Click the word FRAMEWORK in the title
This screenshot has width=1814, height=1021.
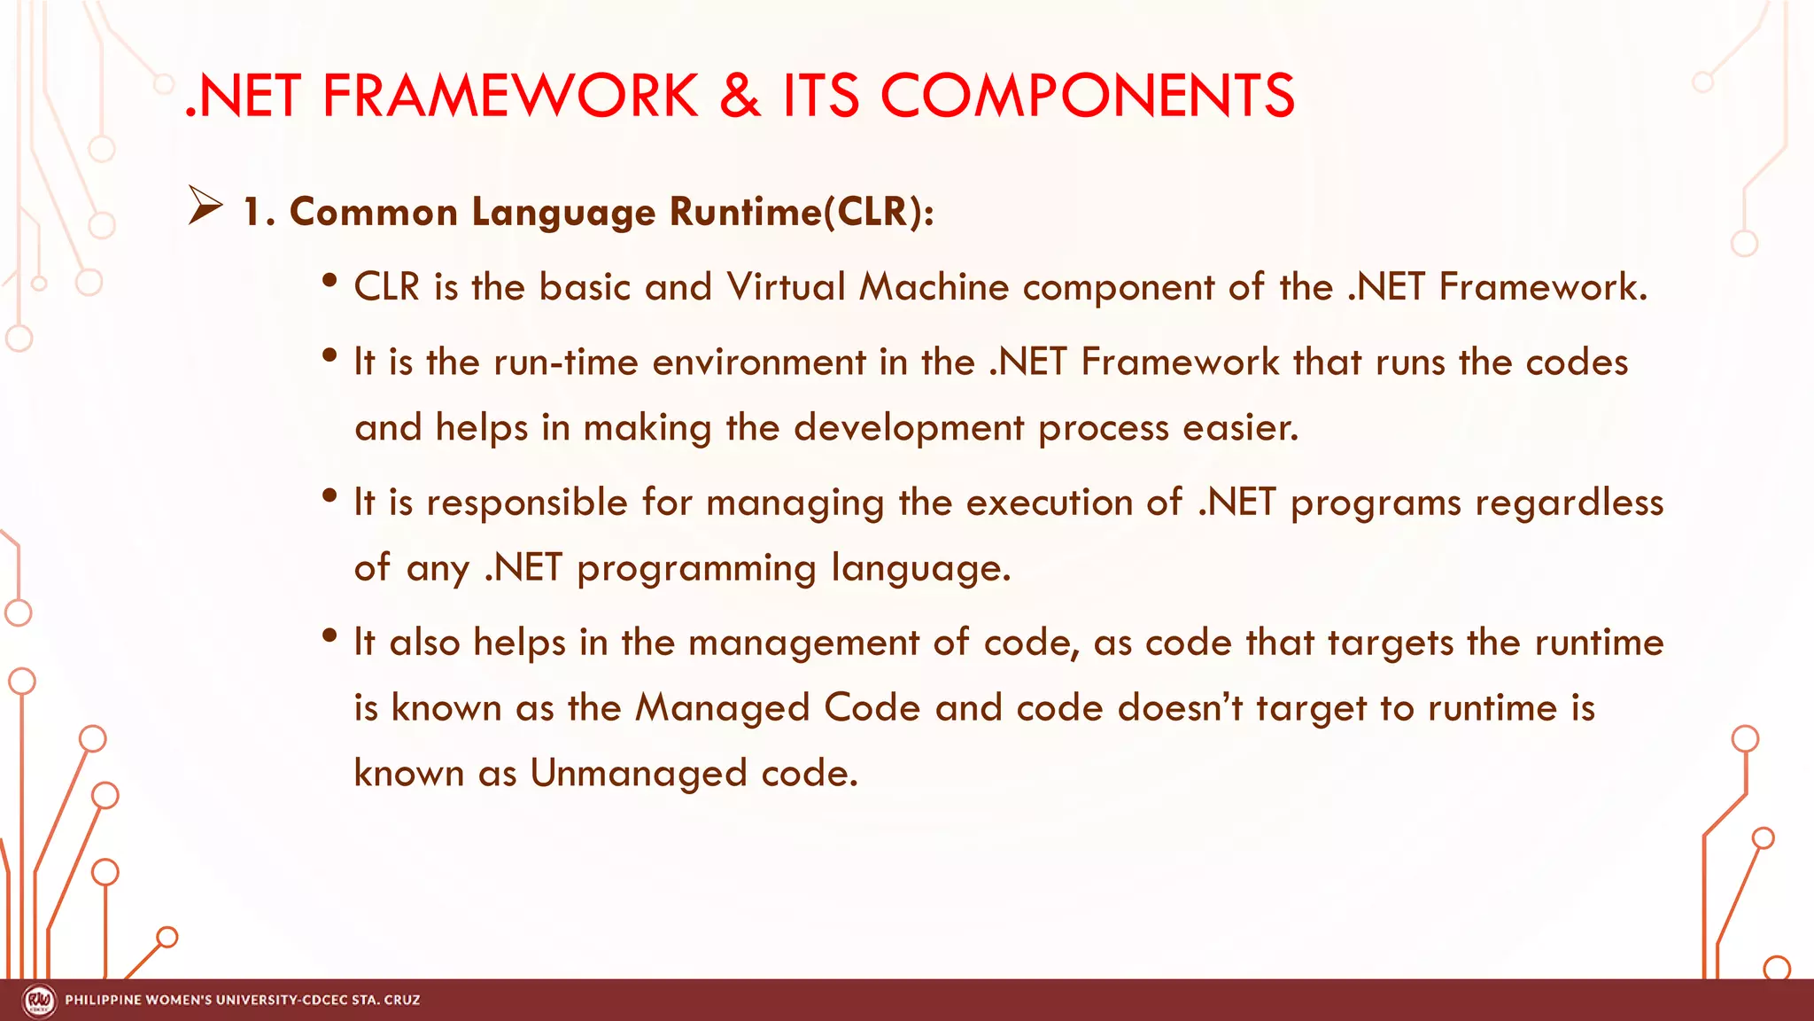[510, 96]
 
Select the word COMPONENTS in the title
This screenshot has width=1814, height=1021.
[1087, 96]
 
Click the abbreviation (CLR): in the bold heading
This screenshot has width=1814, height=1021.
[878, 212]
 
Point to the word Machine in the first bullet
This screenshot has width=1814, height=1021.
[934, 287]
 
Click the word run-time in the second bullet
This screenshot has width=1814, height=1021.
[566, 362]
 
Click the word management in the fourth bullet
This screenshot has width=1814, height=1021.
[803, 643]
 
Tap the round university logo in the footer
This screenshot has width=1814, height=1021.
[39, 1001]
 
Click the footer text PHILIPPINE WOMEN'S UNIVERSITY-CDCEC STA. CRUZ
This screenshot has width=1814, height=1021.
[243, 1001]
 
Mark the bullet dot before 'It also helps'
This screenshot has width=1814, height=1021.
[330, 635]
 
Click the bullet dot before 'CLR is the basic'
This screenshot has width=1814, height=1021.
[330, 280]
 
